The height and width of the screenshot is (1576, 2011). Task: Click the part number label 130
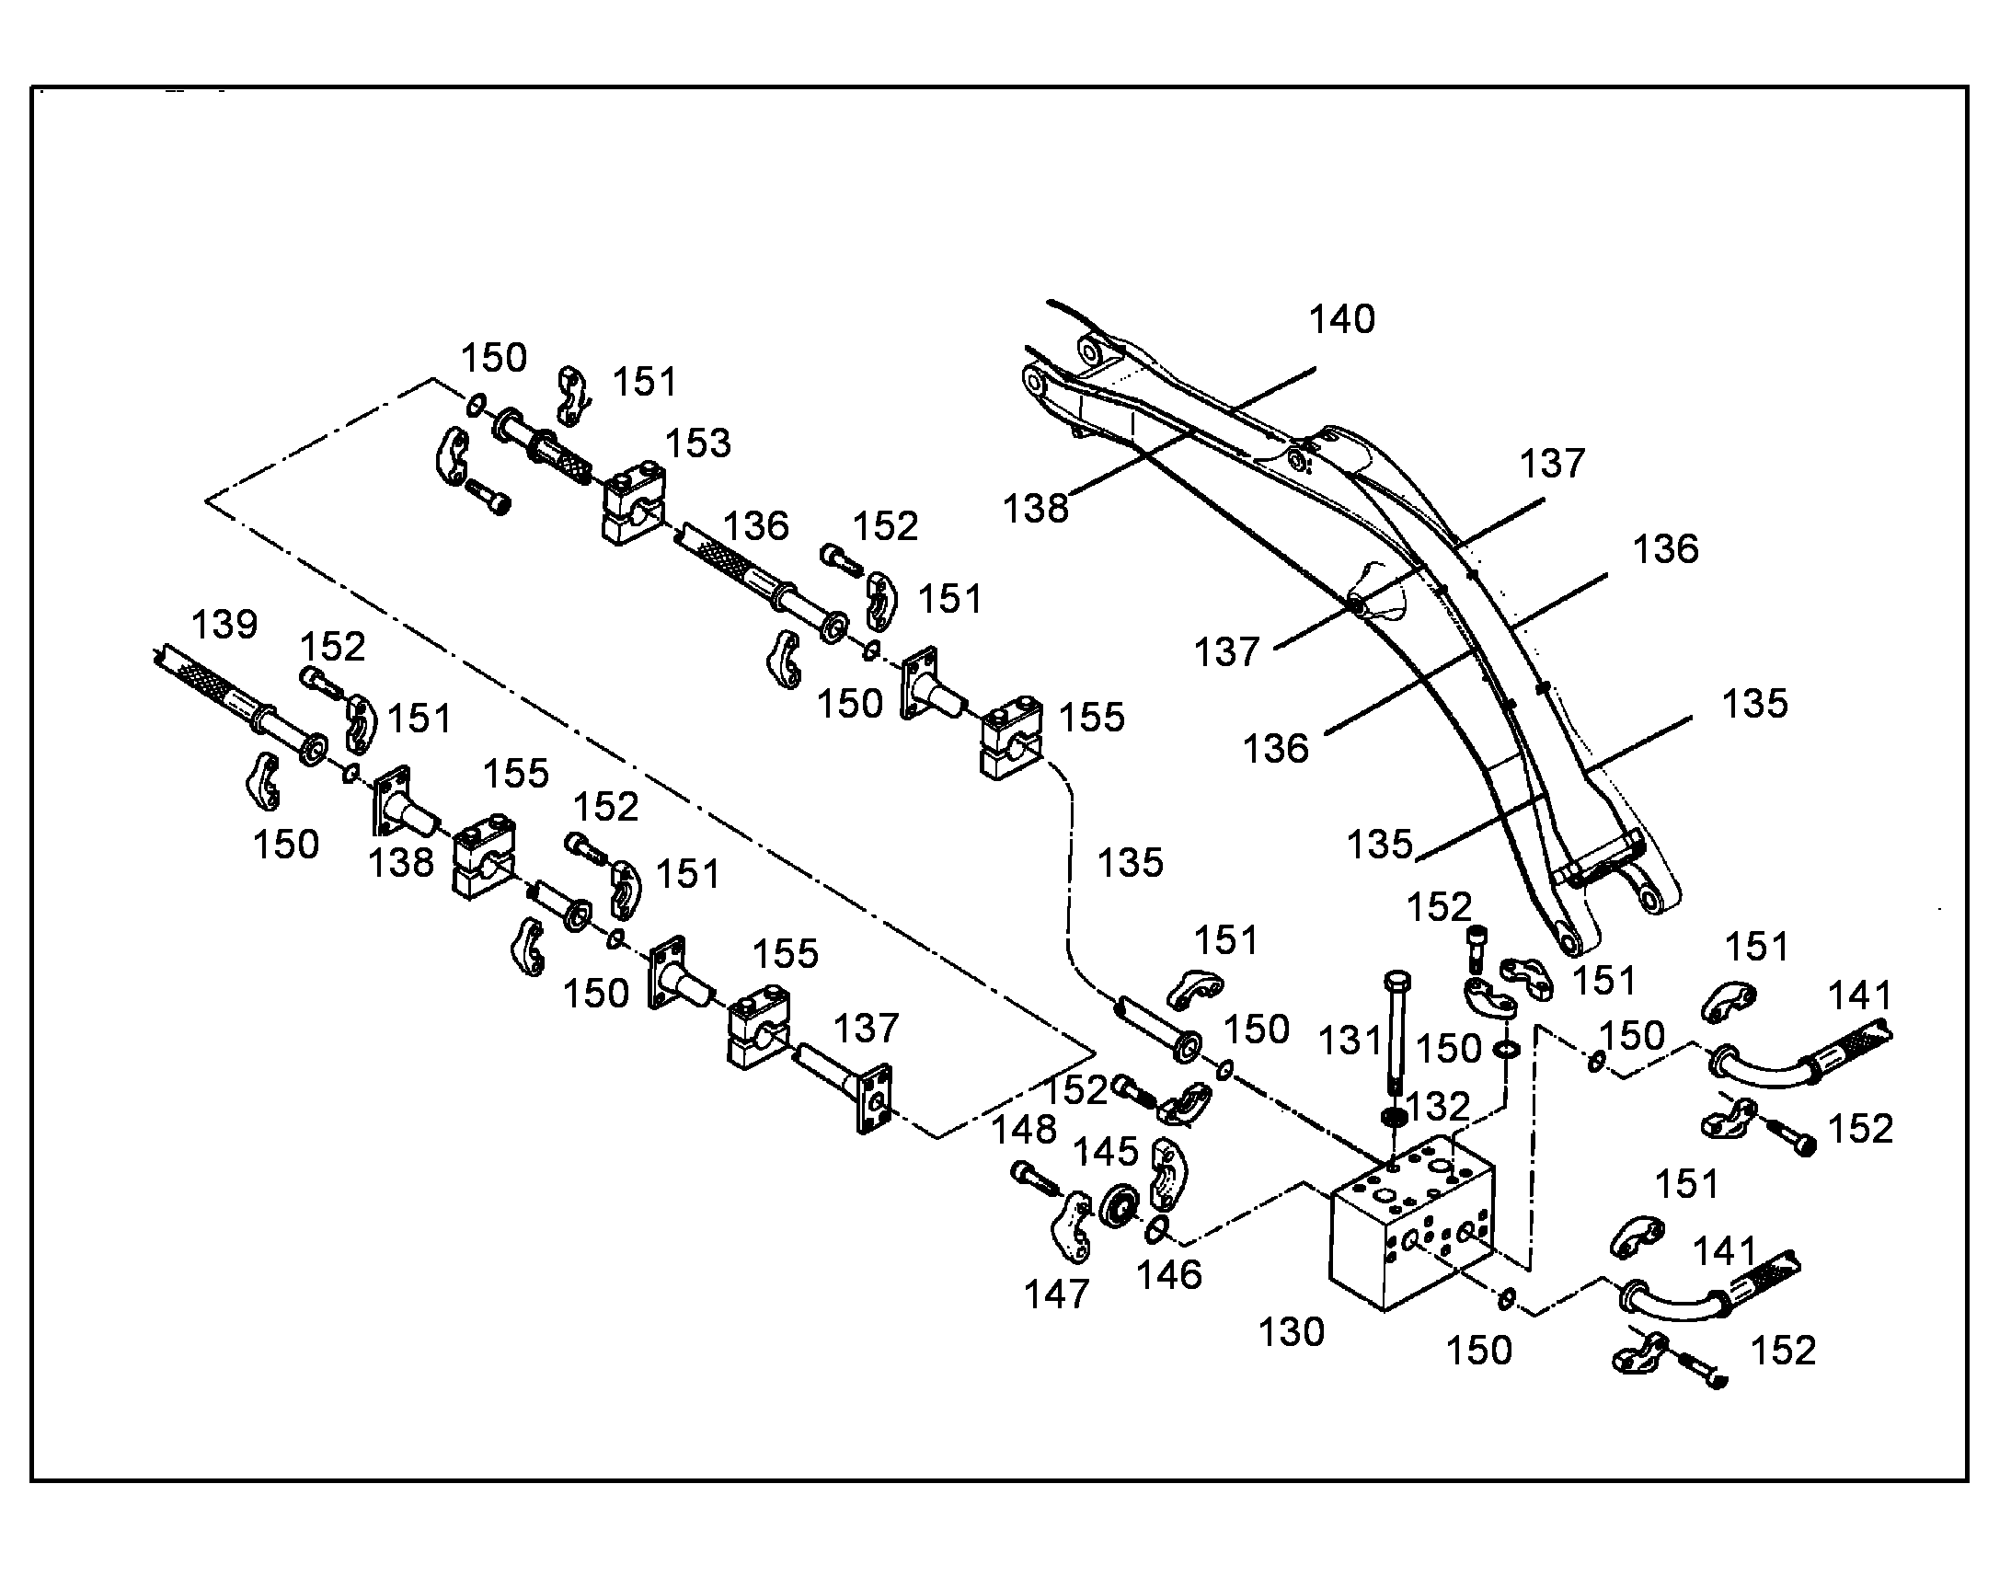1292,1331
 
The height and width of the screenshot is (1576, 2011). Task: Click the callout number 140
1342,319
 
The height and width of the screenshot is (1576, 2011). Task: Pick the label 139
224,625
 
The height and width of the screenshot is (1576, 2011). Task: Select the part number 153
698,443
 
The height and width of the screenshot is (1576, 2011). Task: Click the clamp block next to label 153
634,505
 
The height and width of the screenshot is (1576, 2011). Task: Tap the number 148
1024,1130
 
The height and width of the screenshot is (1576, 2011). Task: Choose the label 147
1057,1294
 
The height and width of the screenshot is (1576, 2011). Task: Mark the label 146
1168,1275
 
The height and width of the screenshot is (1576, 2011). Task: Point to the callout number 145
1107,1152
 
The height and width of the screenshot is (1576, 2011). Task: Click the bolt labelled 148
1036,1177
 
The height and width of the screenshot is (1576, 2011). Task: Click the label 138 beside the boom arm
1036,509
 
